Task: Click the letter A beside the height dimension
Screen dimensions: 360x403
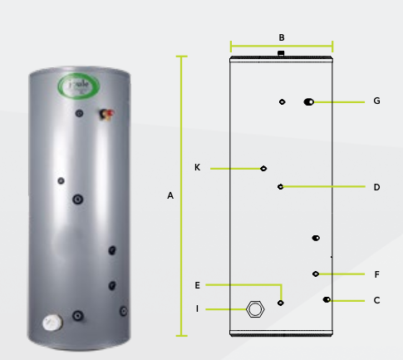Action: (x=170, y=196)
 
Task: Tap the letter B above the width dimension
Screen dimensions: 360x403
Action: (x=282, y=37)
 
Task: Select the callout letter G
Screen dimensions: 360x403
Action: (x=376, y=101)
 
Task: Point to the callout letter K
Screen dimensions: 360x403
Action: (x=197, y=168)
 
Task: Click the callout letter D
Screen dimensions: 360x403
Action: (x=376, y=187)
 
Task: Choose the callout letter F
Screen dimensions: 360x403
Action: (x=376, y=274)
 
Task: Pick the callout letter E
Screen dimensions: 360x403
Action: (x=197, y=285)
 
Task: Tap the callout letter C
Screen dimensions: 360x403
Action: (x=376, y=300)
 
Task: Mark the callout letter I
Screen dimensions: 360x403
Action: (x=197, y=309)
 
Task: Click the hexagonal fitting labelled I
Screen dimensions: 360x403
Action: (x=255, y=309)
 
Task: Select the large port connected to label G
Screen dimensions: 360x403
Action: (x=309, y=101)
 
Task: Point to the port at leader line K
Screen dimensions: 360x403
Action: (x=263, y=168)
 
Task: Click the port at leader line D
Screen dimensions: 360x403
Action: (x=281, y=187)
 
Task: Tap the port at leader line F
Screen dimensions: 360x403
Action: (x=316, y=274)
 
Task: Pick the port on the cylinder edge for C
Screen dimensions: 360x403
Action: (x=327, y=300)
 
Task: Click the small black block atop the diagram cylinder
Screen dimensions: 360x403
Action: (x=282, y=54)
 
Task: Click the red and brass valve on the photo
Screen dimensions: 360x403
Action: (x=106, y=112)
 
